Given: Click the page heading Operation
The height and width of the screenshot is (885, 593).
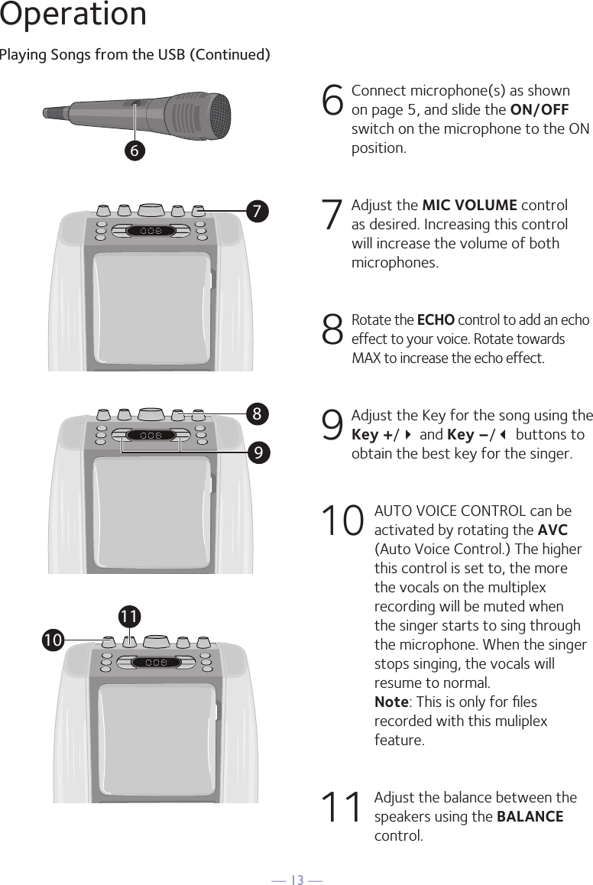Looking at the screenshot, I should pos(73,15).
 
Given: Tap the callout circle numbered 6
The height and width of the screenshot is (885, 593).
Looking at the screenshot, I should pos(134,151).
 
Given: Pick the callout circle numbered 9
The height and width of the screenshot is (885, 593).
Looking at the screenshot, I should pos(259,452).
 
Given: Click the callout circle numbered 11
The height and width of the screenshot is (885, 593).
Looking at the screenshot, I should pos(129,615).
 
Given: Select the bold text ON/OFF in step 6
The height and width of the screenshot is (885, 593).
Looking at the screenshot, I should pos(539,109).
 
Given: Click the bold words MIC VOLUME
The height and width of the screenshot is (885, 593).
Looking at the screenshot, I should pos(469,206).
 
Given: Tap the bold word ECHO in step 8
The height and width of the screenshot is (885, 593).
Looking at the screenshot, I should pos(435,320).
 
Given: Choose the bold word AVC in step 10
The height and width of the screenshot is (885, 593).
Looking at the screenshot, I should pos(552,530).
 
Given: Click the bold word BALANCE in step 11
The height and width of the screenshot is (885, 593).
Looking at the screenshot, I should pos(530,816).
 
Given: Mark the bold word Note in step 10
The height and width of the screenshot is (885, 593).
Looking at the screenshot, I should pos(390,702).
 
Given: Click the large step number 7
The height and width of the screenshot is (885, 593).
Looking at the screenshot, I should pos(332,216).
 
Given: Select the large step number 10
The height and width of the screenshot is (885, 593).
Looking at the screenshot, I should pos(341,523).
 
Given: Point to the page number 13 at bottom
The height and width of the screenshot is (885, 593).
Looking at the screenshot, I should pos(296,880).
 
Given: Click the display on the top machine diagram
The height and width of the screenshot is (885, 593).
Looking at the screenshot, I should pos(151,231).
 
